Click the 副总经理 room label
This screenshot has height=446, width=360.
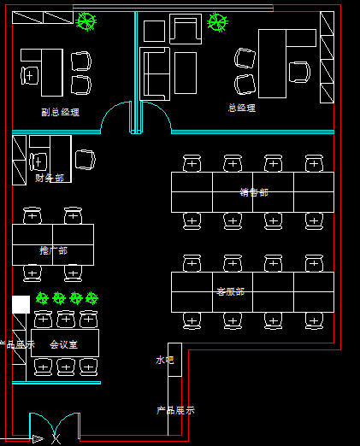60,111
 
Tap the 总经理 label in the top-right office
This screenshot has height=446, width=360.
241,108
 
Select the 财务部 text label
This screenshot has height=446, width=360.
50,178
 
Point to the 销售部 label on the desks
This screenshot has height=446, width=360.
254,192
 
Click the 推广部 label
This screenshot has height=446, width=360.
53,250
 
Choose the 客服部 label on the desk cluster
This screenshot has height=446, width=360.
230,291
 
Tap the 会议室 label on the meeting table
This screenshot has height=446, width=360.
64,344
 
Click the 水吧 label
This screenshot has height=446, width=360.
164,360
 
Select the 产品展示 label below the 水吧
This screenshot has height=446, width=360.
175,409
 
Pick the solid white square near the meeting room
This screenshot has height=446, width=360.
21,304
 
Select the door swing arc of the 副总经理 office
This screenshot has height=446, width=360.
115,118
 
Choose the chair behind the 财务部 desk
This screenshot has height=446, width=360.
38,161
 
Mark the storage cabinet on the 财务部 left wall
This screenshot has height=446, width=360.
19,159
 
